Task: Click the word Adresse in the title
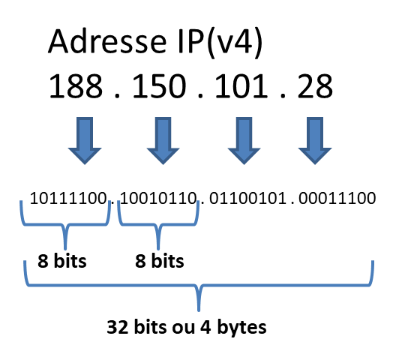coord(107,41)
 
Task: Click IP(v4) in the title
coord(220,43)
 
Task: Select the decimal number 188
coord(76,86)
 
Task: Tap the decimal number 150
coord(159,86)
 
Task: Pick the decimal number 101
coord(241,86)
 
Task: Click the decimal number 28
coord(315,86)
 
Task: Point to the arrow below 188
coord(85,140)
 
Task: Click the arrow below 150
coord(163,140)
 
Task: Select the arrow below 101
coord(244,140)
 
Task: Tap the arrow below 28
coord(315,140)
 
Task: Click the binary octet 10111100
coord(68,198)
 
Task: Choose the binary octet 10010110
coord(158,198)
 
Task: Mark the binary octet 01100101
coord(247,198)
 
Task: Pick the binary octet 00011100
coord(337,198)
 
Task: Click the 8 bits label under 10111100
coord(62,261)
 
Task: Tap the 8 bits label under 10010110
coord(159,261)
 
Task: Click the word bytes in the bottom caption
coord(241,328)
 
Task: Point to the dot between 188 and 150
coord(117,96)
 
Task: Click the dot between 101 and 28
coord(283,96)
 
